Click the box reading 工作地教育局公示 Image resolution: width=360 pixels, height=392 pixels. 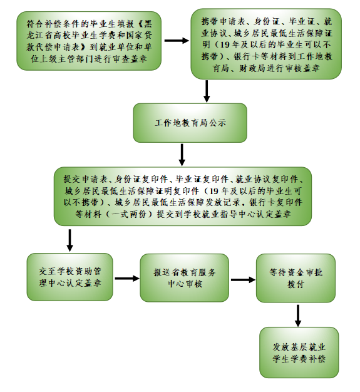point(190,123)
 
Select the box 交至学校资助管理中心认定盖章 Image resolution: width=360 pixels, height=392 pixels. point(69,277)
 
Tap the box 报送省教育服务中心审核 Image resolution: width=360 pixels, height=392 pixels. point(184,278)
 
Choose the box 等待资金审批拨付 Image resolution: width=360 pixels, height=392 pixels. point(296,278)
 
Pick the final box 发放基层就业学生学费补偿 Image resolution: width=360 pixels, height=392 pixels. point(299,353)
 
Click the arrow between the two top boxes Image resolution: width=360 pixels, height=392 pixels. point(177,41)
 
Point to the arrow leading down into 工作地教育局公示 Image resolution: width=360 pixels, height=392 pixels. point(207,91)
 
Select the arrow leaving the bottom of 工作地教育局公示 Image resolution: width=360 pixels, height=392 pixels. point(182,155)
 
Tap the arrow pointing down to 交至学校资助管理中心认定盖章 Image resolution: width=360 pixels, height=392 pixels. point(69,240)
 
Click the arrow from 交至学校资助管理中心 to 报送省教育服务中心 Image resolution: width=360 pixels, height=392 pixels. point(126,278)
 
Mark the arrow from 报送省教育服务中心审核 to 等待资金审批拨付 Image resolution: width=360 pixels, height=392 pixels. point(243,279)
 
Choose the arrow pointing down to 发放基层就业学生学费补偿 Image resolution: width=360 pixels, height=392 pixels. point(297,316)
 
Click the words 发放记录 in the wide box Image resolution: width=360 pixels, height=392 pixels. point(223,202)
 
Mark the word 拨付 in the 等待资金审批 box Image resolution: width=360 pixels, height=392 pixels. point(296,284)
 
